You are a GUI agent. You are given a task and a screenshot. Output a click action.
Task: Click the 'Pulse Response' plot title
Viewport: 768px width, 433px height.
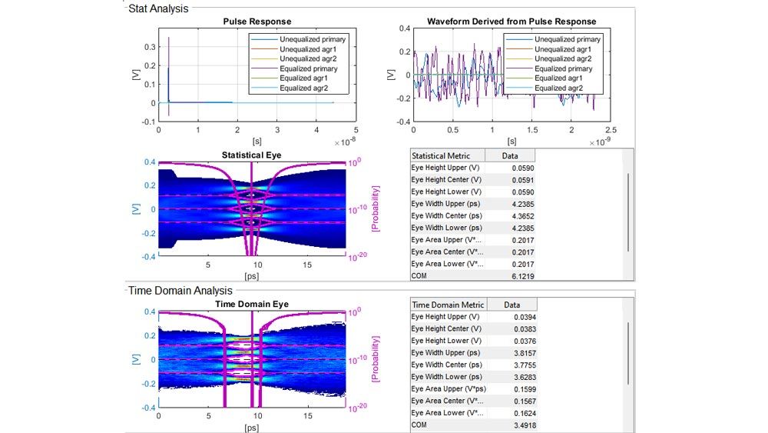pyautogui.click(x=257, y=22)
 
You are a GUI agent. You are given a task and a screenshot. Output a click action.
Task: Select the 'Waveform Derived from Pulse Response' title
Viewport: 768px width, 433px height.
pyautogui.click(x=511, y=22)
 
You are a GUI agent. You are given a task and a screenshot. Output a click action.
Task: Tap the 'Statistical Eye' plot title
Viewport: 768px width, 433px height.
pyautogui.click(x=251, y=155)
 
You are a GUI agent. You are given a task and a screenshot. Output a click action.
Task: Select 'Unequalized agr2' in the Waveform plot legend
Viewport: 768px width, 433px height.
pyautogui.click(x=568, y=59)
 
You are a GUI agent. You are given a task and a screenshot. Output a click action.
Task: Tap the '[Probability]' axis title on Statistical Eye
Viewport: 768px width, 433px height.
pyautogui.click(x=376, y=208)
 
